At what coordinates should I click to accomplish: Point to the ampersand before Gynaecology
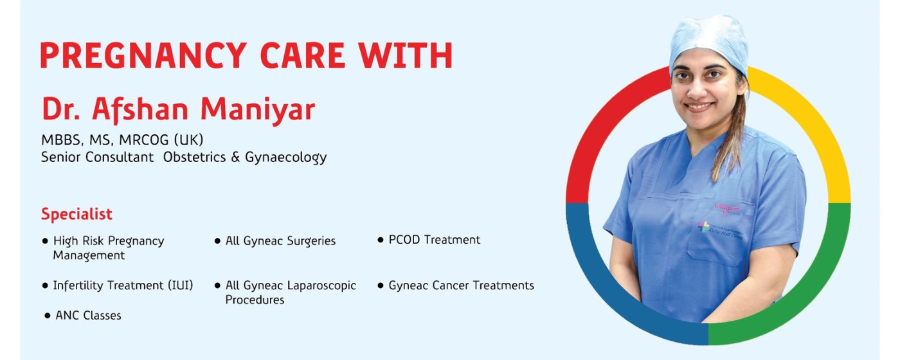pos(235,157)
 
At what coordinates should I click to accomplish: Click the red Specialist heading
pos(76,214)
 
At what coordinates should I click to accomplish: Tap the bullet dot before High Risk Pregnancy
pos(45,241)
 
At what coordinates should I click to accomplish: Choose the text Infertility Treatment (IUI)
pos(123,285)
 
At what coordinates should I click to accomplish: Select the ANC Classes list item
pos(88,315)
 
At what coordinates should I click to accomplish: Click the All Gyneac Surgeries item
pos(280,241)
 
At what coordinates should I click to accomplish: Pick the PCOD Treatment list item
pos(434,240)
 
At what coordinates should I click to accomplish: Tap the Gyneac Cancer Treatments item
pos(461,285)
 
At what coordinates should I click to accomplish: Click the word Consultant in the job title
pos(125,157)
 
